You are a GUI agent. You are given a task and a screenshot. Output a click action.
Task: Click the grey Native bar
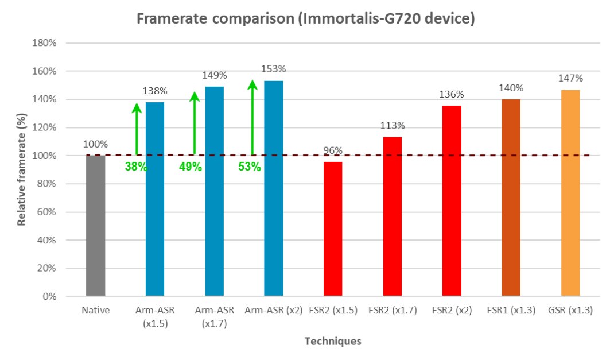coord(95,226)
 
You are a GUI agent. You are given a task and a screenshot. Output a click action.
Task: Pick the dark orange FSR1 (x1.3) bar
coord(511,198)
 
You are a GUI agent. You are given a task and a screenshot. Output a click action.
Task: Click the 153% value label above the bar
coord(273,69)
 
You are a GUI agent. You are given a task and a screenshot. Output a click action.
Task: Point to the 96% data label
coord(333,150)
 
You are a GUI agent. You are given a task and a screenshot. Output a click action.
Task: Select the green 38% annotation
coord(136,167)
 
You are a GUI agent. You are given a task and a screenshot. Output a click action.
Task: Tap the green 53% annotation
coord(250,167)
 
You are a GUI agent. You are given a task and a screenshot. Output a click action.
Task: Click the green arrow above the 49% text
coord(195,123)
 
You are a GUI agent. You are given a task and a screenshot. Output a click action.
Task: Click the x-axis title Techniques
coord(333,341)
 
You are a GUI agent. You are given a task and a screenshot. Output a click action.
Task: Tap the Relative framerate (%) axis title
coord(21,169)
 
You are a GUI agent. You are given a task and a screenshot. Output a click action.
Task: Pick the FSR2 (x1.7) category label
coord(392,311)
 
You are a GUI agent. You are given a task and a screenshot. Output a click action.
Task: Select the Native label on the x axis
coord(95,311)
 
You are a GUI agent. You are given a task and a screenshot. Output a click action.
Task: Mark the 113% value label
coord(392,126)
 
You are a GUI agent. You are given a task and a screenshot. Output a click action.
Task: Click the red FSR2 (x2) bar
coord(452,201)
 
